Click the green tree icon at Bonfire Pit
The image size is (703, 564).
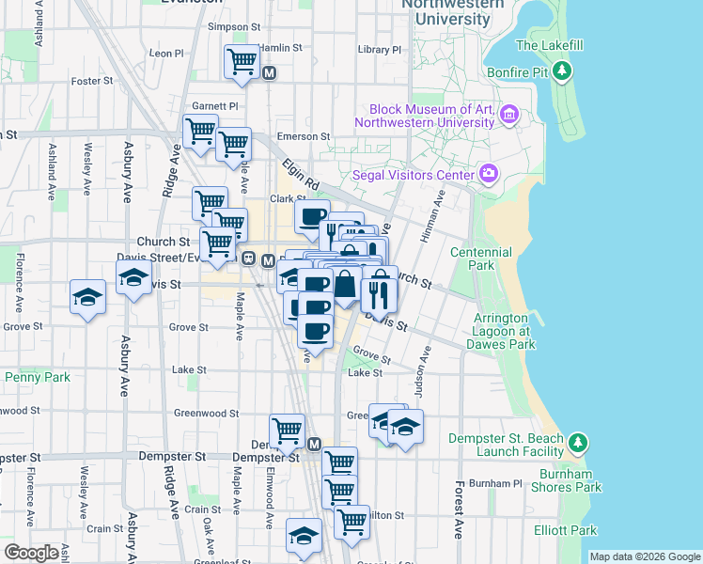(562, 70)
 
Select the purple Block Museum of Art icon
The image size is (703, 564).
(509, 115)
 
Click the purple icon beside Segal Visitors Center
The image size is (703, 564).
(488, 174)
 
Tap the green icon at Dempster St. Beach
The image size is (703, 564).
(579, 442)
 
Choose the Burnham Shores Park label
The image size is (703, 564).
(551, 487)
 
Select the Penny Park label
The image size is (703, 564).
(38, 377)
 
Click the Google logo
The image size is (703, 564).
(31, 553)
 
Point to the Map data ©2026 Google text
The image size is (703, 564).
(644, 556)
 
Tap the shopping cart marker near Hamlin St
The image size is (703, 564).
(242, 62)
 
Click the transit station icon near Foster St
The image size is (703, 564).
(271, 72)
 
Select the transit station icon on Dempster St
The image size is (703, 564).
(314, 444)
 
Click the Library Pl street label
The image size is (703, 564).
(380, 49)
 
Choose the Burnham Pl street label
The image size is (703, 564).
(494, 483)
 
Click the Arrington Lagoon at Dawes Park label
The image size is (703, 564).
(501, 331)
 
